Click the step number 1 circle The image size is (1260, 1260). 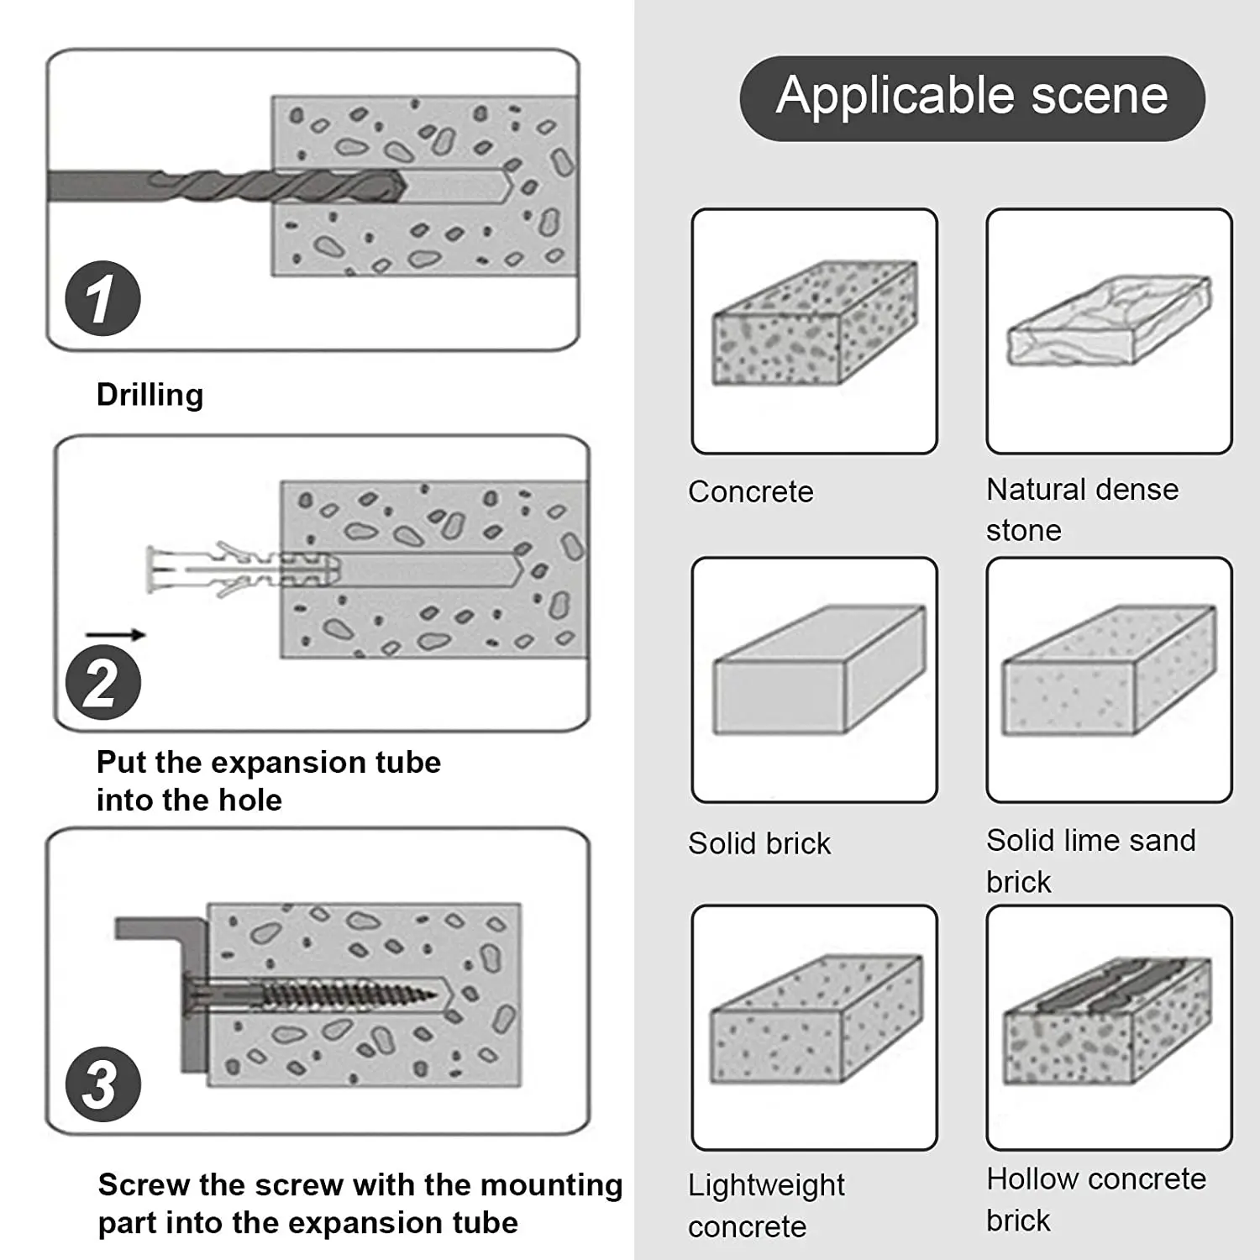click(x=102, y=298)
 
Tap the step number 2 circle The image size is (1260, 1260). click(x=102, y=682)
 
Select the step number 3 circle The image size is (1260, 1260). click(x=102, y=1084)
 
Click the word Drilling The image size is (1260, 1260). click(x=150, y=395)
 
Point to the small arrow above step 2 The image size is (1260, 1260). click(x=115, y=635)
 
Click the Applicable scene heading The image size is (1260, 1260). click(x=972, y=97)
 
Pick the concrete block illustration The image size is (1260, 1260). click(x=814, y=323)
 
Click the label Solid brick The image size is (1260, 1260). click(x=759, y=843)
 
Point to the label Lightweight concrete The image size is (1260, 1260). click(x=765, y=1205)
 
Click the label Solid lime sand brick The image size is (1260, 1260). click(x=1090, y=860)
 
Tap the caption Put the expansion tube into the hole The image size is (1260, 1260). click(x=268, y=781)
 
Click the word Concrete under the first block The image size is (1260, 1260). click(x=750, y=491)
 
